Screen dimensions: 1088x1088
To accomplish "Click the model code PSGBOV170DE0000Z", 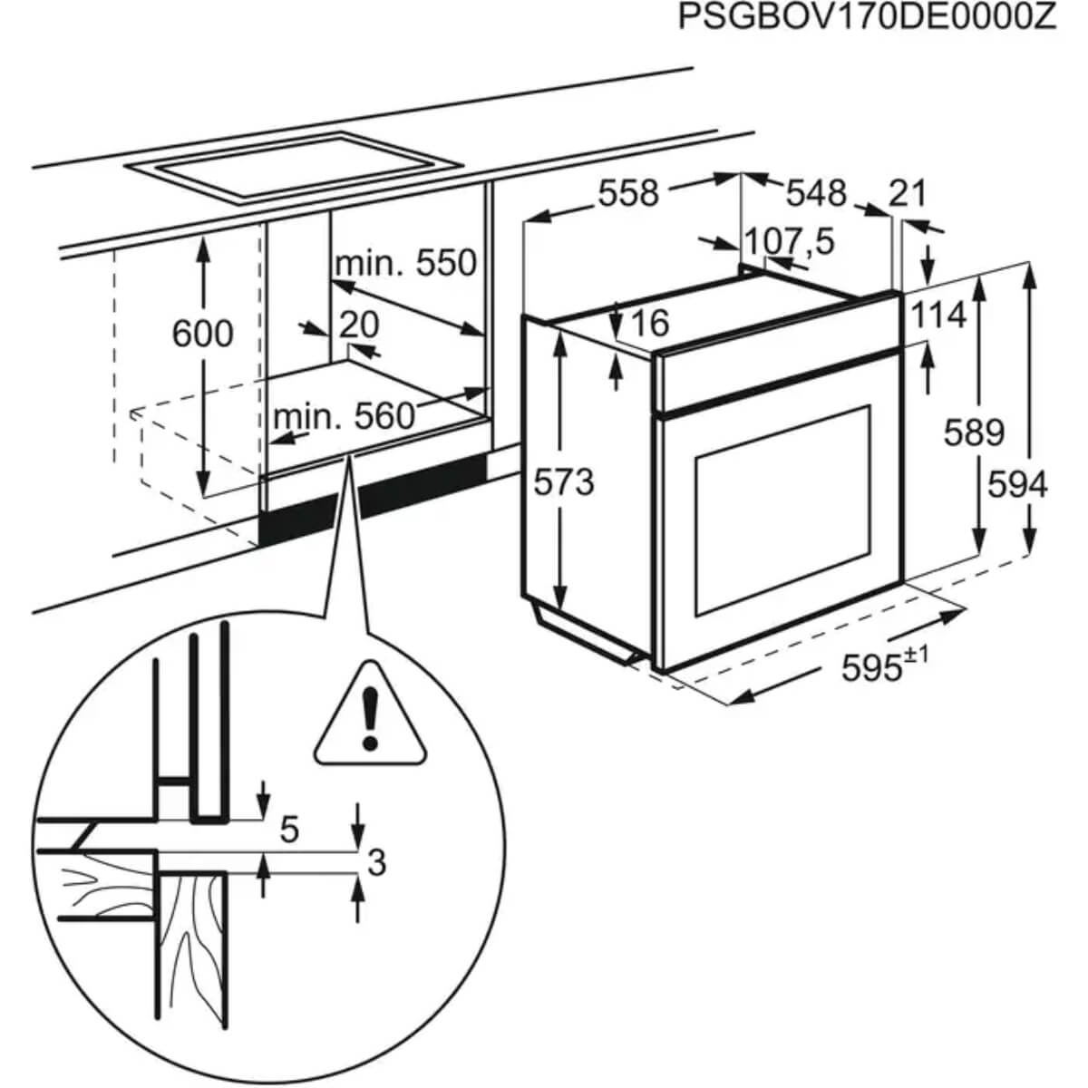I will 868,19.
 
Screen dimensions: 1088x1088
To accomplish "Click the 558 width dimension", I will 628,192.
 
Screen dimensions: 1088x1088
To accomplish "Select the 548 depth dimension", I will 815,192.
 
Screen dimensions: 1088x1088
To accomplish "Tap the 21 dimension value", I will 908,192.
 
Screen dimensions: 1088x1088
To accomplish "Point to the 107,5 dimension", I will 788,242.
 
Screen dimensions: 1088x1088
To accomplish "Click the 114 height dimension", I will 938,315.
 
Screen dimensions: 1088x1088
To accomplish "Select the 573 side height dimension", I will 563,482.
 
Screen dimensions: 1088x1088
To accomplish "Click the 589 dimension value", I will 974,432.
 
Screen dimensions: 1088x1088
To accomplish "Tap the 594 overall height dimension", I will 1017,485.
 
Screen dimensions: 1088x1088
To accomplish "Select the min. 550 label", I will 405,263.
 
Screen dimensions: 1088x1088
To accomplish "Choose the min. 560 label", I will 343,416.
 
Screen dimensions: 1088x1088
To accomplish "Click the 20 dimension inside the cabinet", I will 359,325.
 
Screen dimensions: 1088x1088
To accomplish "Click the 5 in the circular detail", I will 289,829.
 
